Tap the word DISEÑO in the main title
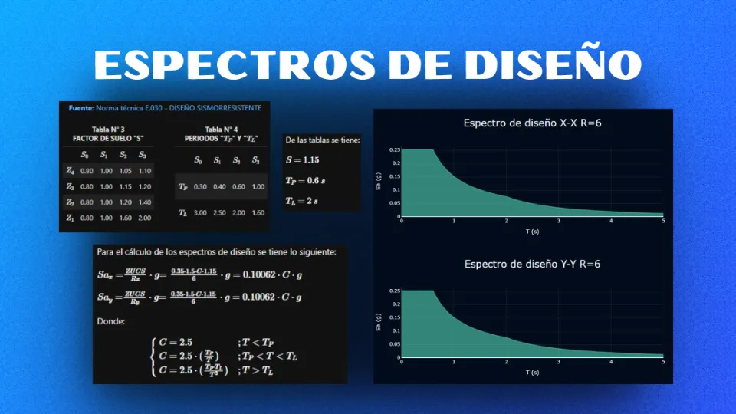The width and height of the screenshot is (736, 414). coord(552,66)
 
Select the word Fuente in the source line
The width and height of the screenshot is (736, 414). coord(80,108)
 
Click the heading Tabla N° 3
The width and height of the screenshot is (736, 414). coord(107,129)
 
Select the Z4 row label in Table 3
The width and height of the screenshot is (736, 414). coord(71,170)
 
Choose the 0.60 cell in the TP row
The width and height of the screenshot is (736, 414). coord(238,186)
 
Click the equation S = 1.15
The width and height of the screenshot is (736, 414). coord(302,160)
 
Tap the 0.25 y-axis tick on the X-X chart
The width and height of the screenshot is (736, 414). coord(394,150)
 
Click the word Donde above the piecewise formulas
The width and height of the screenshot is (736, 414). coord(111,321)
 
